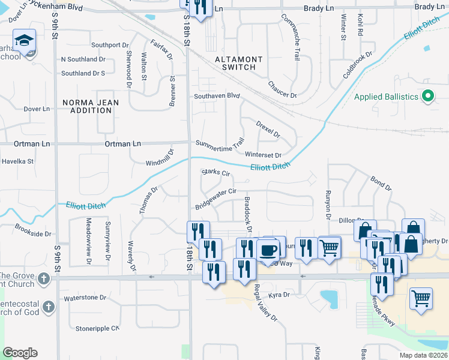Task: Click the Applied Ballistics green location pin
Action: [427, 95]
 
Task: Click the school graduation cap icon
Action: [24, 41]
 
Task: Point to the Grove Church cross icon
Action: [43, 279]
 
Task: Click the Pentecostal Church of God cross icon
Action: [49, 307]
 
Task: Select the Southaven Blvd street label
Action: [216, 96]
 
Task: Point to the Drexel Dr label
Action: [268, 129]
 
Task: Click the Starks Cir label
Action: [216, 173]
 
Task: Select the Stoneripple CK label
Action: [98, 328]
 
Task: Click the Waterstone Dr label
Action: [85, 297]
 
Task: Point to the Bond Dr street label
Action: [381, 184]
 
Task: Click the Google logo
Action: [20, 353]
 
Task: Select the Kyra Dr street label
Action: [279, 295]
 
